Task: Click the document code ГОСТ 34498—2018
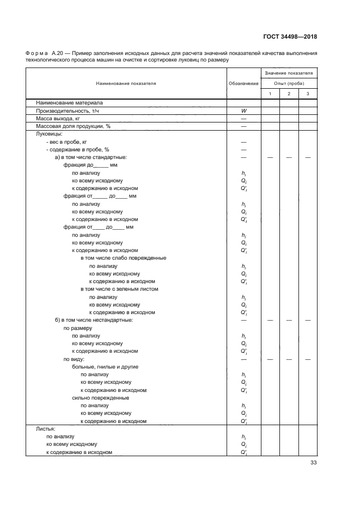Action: (290, 37)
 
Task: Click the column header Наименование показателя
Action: (126, 83)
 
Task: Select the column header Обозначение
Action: (243, 83)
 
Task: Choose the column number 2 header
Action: (289, 94)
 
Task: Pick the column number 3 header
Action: (308, 94)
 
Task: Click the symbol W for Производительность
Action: (243, 110)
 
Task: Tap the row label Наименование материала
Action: (69, 102)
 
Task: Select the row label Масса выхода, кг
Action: (58, 118)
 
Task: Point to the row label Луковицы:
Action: (48, 133)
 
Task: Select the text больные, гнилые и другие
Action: (105, 367)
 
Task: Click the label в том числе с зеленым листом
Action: (119, 289)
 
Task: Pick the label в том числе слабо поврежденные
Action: (123, 258)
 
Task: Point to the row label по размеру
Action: (77, 328)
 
